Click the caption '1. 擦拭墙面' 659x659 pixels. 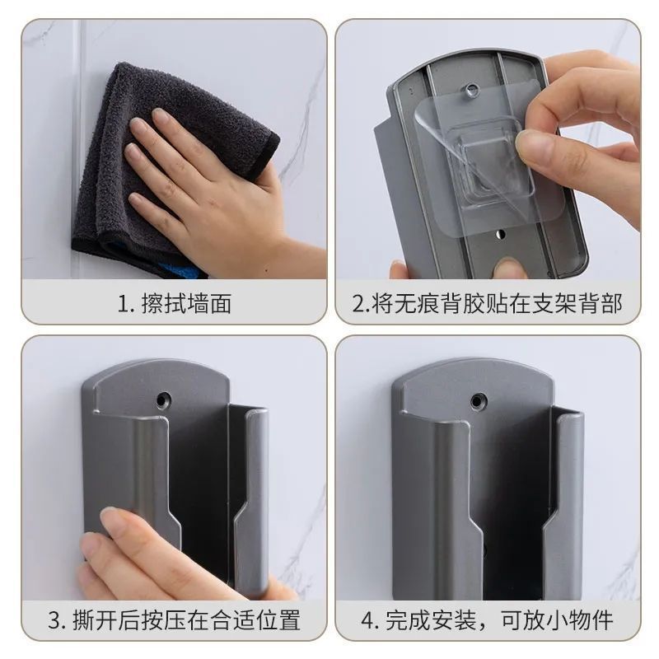tap(175, 303)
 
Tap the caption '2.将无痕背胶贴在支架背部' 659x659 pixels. tap(487, 303)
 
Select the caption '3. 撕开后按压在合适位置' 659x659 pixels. tap(175, 619)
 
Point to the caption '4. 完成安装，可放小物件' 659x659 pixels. tap(487, 619)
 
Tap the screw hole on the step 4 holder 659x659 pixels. tap(476, 402)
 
